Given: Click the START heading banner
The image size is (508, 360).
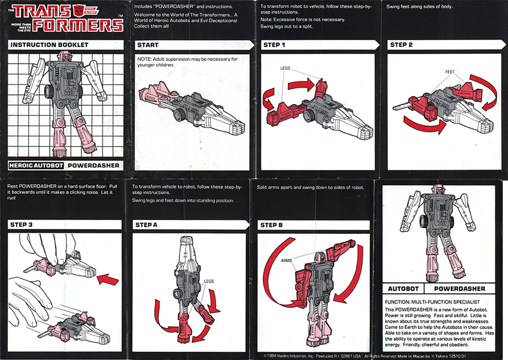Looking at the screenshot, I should (148, 45).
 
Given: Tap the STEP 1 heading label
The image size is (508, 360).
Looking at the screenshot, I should (274, 45).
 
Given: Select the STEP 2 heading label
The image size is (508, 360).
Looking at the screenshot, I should (401, 45).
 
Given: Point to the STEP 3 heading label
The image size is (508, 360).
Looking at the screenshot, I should (22, 224).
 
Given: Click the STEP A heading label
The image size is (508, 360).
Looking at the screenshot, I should (146, 225).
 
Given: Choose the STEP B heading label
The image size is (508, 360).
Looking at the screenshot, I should (272, 225).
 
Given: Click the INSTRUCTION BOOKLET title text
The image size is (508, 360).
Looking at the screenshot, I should (49, 45).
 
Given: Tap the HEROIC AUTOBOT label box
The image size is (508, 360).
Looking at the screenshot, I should (37, 165).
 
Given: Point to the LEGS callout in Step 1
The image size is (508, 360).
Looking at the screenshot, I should (285, 68).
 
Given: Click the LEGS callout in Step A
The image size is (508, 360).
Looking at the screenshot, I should (209, 282).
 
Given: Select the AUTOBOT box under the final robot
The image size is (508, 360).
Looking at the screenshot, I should (403, 288).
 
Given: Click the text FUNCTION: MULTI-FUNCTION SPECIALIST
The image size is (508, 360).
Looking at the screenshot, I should (432, 302).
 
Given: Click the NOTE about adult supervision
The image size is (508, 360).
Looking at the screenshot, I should (187, 62).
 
